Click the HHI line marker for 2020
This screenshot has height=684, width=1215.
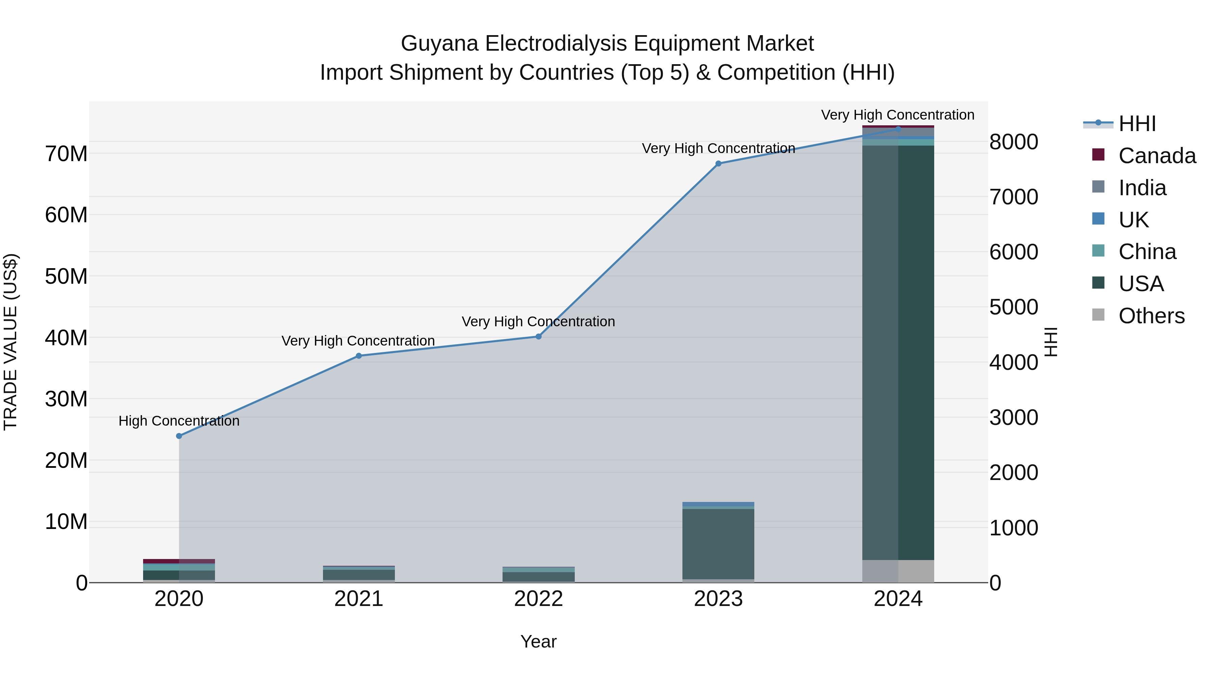click(x=179, y=436)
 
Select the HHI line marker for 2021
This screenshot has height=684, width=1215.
click(x=359, y=356)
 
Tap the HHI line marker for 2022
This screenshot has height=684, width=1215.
click(x=539, y=336)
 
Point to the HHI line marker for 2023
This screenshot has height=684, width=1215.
click(x=718, y=164)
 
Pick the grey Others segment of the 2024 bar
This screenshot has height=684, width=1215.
click(x=898, y=571)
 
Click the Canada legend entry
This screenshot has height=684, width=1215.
click(x=1157, y=156)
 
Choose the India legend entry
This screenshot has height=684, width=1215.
click(x=1141, y=188)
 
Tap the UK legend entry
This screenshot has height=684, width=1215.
click(x=1133, y=220)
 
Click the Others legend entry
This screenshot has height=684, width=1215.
click(x=1151, y=316)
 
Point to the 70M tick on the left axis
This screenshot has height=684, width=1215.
click(x=66, y=154)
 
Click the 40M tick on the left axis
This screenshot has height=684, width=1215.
click(x=66, y=338)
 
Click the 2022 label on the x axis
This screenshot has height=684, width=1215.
click(x=539, y=599)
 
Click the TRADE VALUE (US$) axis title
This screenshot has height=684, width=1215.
click(x=10, y=342)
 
